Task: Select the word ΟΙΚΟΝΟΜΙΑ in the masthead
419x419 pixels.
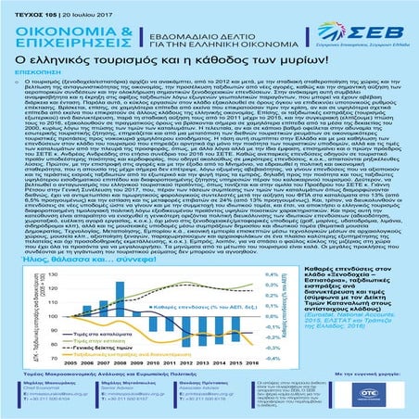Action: [x=53, y=22]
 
